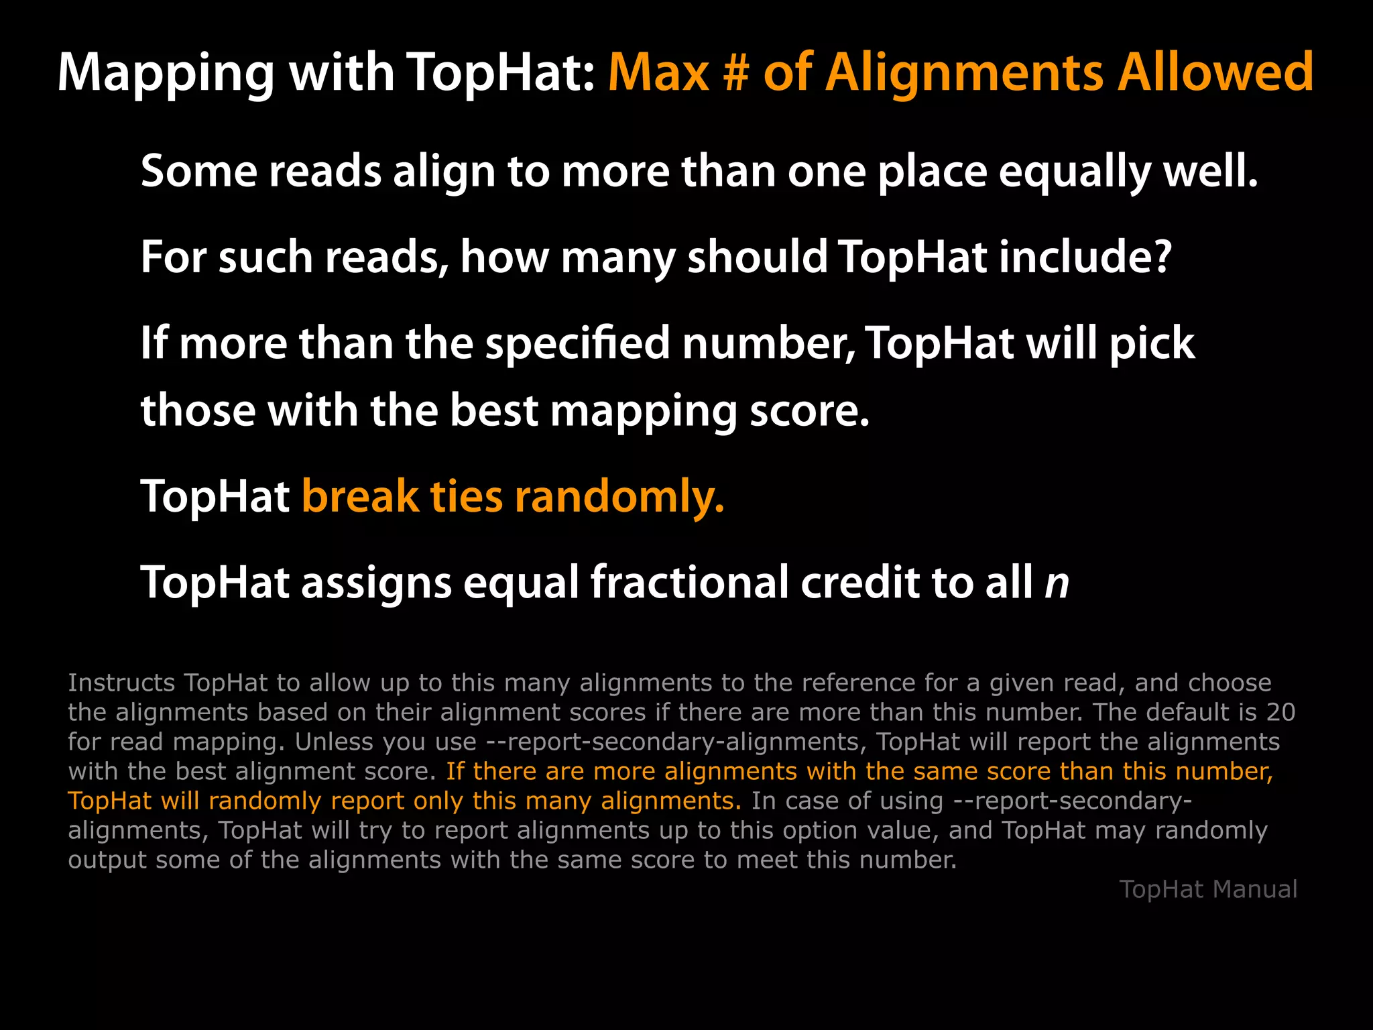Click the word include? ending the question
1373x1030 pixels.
click(x=1085, y=257)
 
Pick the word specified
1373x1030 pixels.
click(x=577, y=343)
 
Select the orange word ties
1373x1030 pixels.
click(x=466, y=497)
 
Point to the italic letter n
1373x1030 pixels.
click(x=1057, y=583)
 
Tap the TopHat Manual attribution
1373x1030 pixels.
click(x=1208, y=889)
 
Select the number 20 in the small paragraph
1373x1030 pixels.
click(x=1280, y=712)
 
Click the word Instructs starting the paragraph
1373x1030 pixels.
click(x=121, y=683)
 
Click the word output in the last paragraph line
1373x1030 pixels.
click(x=107, y=860)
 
